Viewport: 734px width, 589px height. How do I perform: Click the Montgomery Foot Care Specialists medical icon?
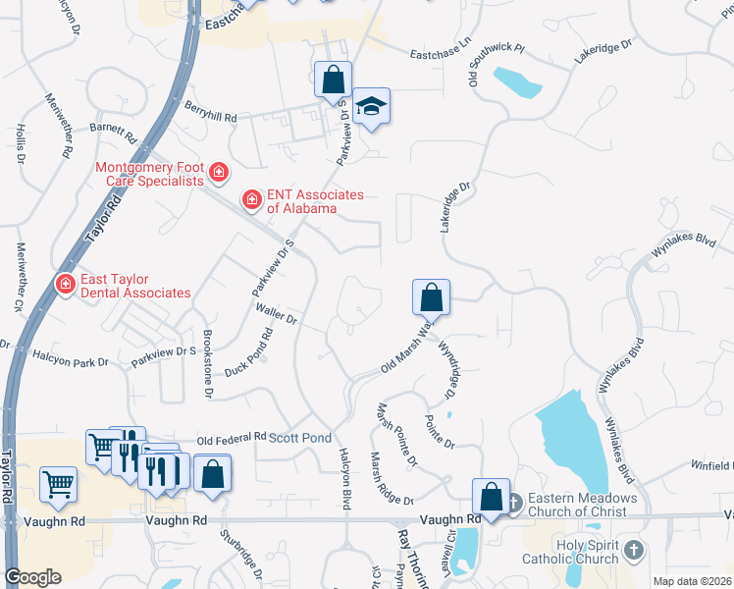click(x=218, y=175)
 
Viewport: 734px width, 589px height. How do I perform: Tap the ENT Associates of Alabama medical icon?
click(x=252, y=200)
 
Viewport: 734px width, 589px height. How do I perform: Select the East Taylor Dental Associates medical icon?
click(x=66, y=285)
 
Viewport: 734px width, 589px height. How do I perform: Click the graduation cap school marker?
click(x=371, y=105)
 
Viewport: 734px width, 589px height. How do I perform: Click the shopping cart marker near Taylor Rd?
click(x=59, y=483)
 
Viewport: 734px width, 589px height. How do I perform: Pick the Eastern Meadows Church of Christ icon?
click(x=514, y=504)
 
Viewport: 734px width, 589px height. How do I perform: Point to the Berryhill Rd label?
click(x=209, y=117)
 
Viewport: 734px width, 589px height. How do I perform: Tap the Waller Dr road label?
click(x=276, y=314)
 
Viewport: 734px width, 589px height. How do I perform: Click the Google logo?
click(x=32, y=577)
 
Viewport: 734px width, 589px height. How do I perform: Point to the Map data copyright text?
click(x=692, y=581)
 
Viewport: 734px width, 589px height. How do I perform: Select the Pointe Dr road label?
click(x=440, y=432)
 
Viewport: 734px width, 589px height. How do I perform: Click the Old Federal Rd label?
click(x=232, y=437)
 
